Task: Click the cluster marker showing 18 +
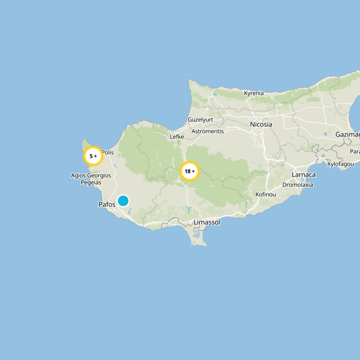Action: pos(189,171)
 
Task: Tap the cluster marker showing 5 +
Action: pos(93,156)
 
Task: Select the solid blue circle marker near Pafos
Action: pos(123,201)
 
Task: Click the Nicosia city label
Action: pos(261,124)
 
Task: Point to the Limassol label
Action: pos(207,222)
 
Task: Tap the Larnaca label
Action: pos(304,175)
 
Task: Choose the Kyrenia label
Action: pos(254,94)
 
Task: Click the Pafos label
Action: pos(107,204)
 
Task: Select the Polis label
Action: pos(108,153)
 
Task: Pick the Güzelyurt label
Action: pos(200,120)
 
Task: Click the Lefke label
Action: pos(177,137)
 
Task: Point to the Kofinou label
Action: pos(265,194)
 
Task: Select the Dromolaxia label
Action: pos(297,185)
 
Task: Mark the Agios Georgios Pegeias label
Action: pos(91,179)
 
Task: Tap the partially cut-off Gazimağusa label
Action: pos(348,135)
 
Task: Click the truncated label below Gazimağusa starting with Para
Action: pos(355,151)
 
